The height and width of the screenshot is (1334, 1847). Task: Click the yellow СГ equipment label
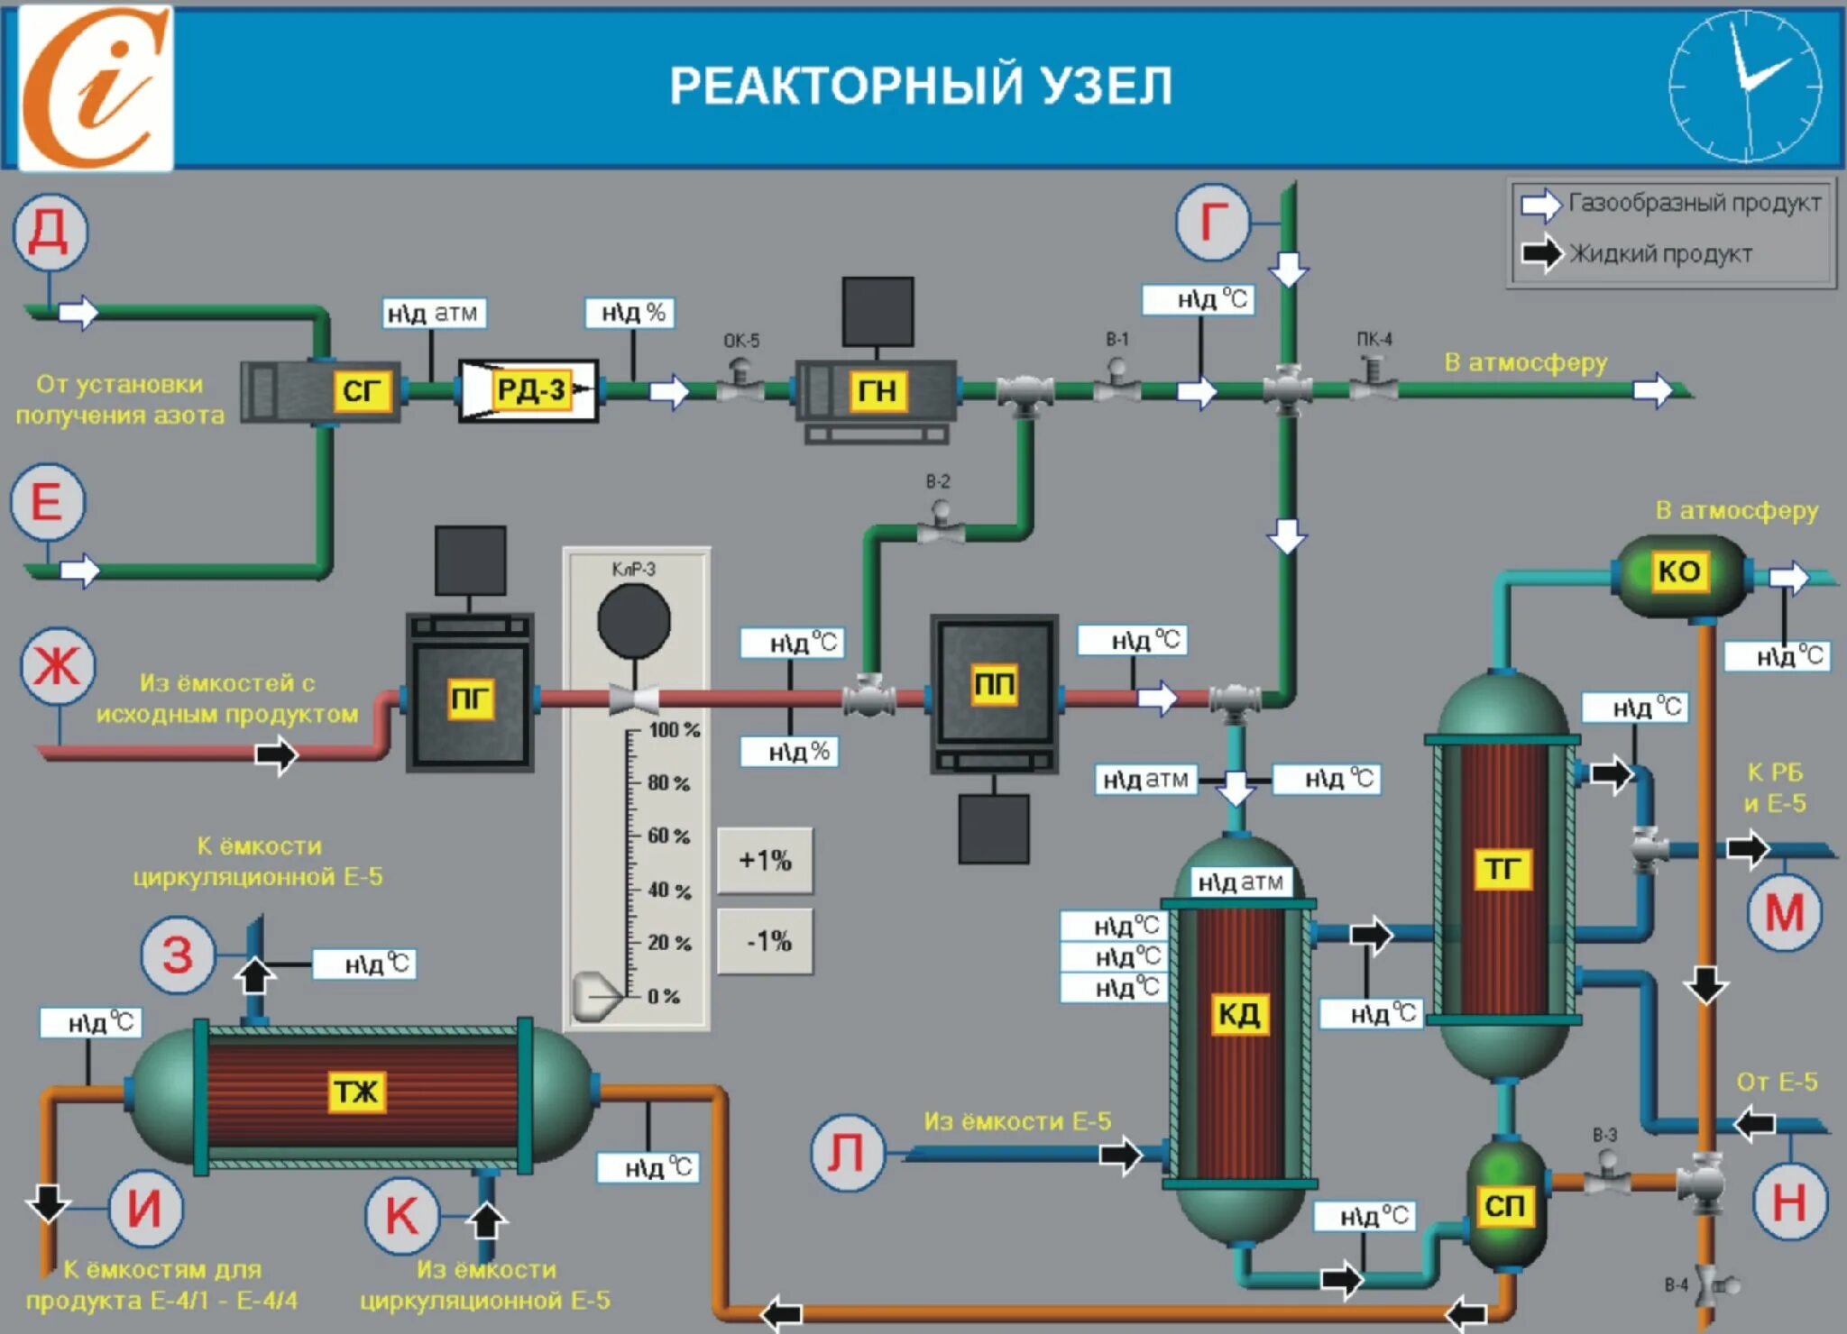[361, 391]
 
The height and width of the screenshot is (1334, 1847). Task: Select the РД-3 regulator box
[528, 390]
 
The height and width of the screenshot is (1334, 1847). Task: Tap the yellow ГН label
[877, 391]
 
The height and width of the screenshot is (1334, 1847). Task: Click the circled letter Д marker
[50, 233]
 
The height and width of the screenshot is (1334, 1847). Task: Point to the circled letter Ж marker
[58, 667]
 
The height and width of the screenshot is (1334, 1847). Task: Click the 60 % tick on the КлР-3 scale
[667, 836]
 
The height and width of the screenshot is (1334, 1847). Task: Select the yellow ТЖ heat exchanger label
[356, 1092]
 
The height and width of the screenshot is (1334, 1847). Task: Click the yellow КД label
[1238, 1014]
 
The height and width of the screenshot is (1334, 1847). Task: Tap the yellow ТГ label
[1502, 869]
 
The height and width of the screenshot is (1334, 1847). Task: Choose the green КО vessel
[1678, 572]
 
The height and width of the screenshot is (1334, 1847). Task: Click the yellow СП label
[1503, 1205]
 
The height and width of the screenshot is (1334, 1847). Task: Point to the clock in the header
[1745, 87]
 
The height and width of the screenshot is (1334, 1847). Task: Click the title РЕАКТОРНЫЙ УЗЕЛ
[920, 87]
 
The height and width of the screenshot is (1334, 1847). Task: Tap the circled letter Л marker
[846, 1153]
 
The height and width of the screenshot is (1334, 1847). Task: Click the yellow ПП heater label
[994, 685]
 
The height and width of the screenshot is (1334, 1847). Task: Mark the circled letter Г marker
[1213, 222]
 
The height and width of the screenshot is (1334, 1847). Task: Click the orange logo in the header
[96, 87]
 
